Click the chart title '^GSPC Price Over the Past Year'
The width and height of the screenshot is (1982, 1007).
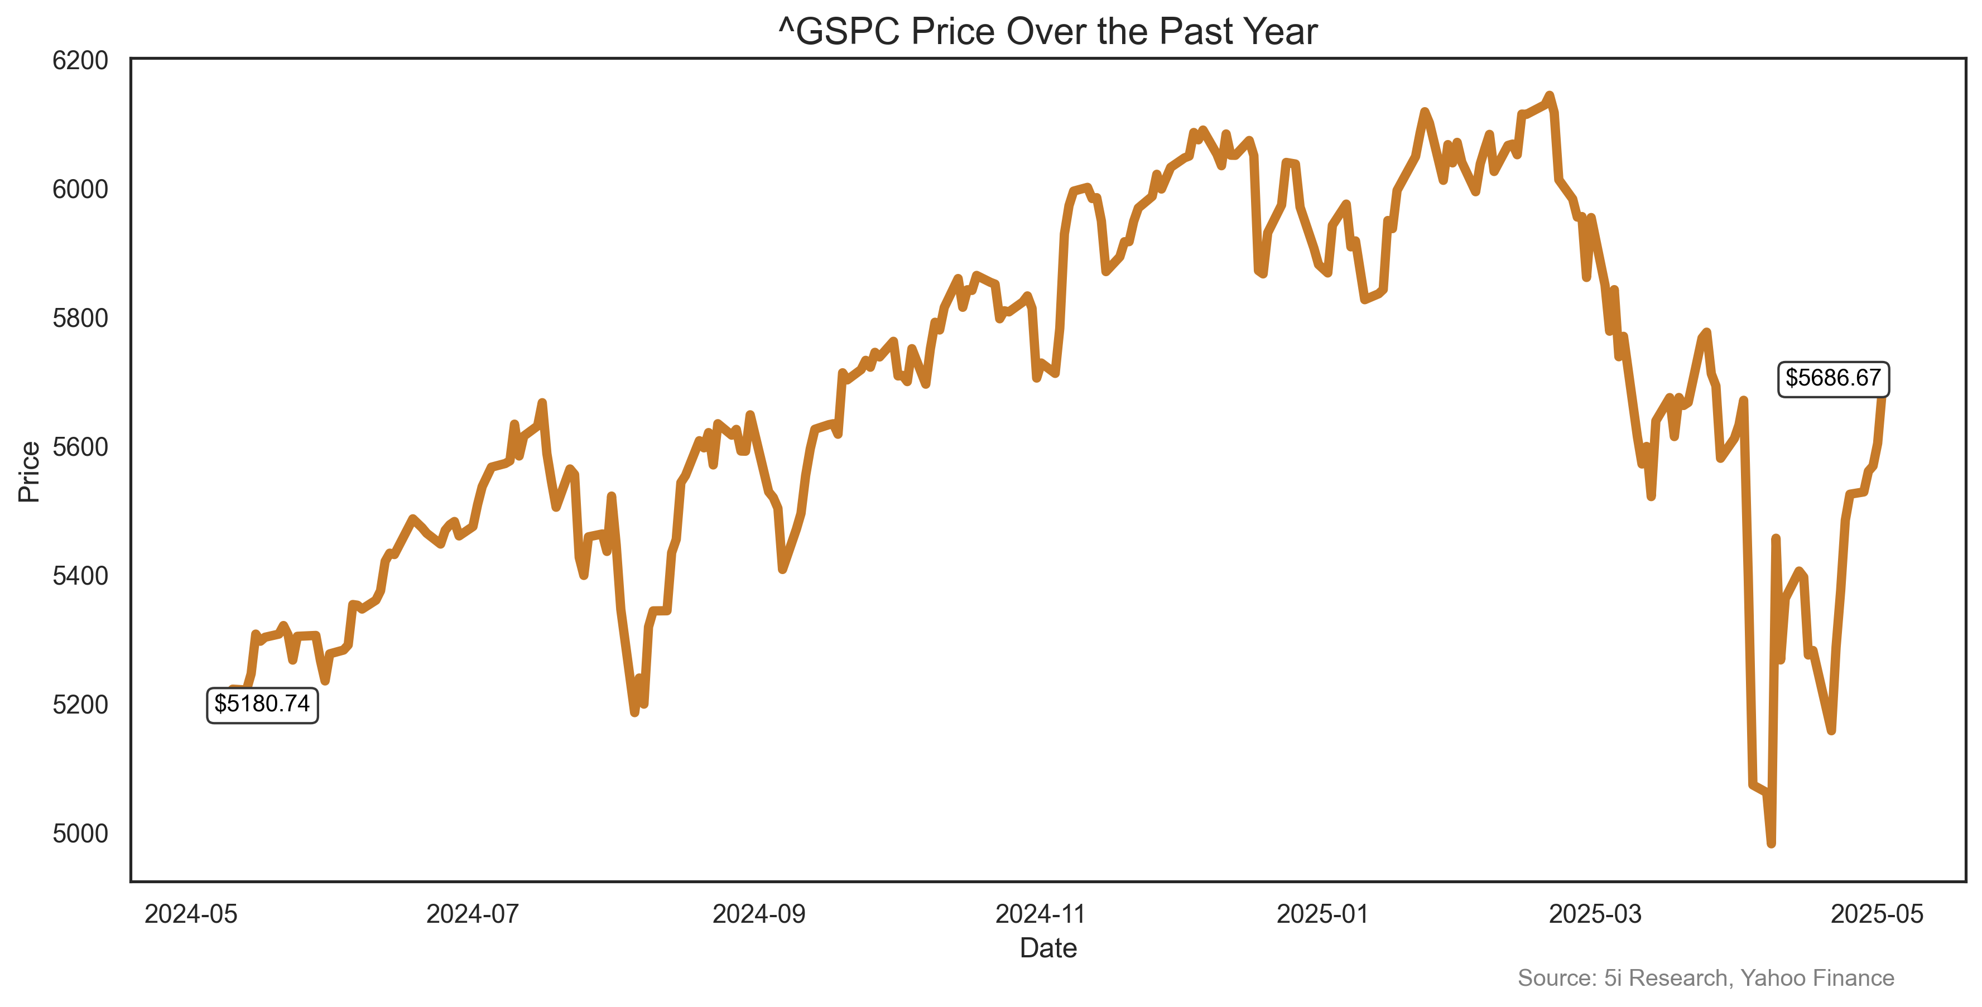point(1048,32)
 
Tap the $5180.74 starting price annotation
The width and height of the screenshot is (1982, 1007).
point(262,705)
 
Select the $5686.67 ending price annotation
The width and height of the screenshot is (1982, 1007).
point(1832,378)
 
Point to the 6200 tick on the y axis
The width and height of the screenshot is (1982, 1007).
point(80,60)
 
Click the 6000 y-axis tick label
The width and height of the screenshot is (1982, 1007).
point(80,189)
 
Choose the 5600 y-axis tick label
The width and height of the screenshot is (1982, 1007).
point(80,447)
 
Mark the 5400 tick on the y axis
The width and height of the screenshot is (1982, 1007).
point(80,575)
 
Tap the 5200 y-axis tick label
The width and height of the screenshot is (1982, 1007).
point(80,705)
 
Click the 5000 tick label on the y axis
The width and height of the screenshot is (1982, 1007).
point(80,833)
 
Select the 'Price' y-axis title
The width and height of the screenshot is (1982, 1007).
point(29,471)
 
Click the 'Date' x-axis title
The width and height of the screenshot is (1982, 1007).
point(1048,948)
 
